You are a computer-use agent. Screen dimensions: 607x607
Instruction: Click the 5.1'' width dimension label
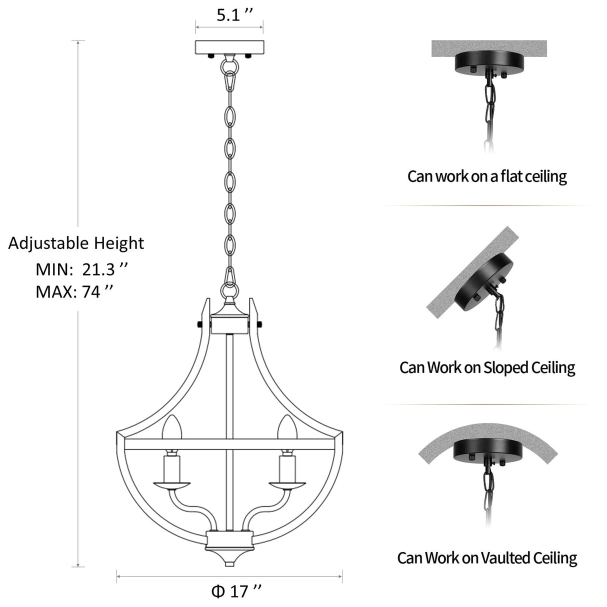[x=229, y=15]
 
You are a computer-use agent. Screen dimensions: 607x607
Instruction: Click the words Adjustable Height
[x=76, y=243]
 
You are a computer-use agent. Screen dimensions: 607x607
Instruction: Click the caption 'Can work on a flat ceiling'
[x=487, y=176]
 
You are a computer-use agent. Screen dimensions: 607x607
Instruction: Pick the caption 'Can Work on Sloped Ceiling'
[x=487, y=367]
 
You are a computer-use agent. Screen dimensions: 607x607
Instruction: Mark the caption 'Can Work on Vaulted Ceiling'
[x=487, y=557]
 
